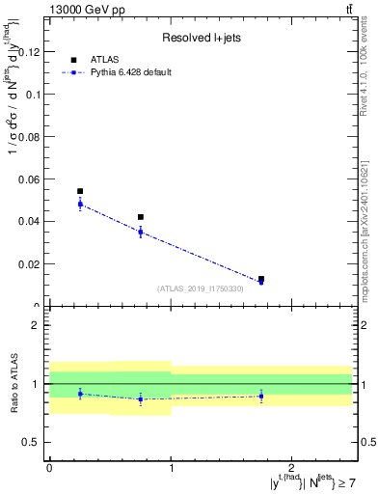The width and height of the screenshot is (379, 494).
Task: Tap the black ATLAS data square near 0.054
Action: tap(80, 191)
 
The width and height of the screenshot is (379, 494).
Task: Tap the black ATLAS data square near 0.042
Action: tap(141, 217)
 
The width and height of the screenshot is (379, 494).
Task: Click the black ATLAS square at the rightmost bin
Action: tap(261, 279)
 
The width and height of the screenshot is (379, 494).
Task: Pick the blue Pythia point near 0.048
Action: tap(80, 204)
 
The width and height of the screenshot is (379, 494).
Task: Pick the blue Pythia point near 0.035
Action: tap(141, 232)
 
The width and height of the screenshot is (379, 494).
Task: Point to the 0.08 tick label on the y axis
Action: tap(32, 136)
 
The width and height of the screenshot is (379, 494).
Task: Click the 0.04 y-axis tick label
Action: tap(32, 221)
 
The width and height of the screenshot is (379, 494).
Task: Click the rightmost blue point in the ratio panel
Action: tap(261, 396)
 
